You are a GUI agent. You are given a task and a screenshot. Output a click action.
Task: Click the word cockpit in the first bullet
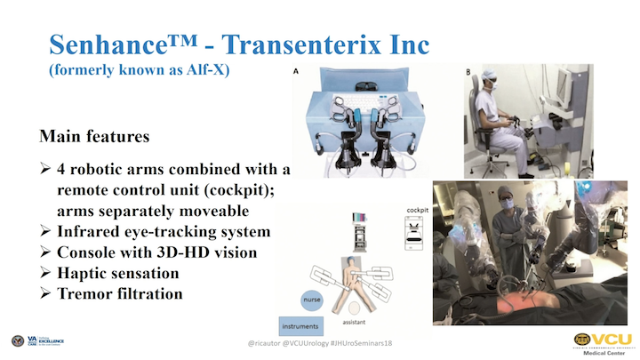pyautogui.click(x=220, y=189)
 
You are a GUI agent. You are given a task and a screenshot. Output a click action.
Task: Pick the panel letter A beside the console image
pyautogui.click(x=295, y=79)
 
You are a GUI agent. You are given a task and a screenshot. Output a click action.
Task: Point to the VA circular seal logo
pyautogui.click(x=17, y=340)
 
